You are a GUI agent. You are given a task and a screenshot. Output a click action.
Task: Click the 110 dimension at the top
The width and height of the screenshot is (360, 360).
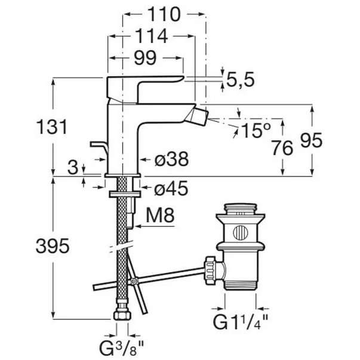pos(164,14)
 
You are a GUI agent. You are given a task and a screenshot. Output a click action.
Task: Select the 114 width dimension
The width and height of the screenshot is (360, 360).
pos(151,36)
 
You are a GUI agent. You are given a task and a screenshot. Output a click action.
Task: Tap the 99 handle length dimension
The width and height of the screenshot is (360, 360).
pos(146,58)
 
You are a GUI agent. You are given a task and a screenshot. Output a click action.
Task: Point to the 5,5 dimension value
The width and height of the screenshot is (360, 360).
pos(241,80)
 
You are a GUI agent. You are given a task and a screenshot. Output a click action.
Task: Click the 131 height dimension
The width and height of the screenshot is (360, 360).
pos(52,127)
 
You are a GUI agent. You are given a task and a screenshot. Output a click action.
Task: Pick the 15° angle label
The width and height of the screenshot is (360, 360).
pos(256,130)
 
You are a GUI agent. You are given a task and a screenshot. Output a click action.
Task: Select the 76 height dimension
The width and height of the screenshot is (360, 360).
pos(282,147)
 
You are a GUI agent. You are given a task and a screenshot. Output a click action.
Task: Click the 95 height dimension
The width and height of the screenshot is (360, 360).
pos(311,140)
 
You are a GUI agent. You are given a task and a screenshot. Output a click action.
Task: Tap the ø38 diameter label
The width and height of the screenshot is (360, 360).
pos(171,159)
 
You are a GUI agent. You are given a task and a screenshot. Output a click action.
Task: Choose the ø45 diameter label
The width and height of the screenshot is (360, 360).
pos(171,189)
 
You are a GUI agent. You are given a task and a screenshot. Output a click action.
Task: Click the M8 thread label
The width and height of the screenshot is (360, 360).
pos(160,215)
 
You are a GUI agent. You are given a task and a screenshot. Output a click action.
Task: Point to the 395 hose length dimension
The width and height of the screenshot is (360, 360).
pos(53,245)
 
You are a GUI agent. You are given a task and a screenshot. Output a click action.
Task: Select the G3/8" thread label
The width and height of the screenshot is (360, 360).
pos(121,348)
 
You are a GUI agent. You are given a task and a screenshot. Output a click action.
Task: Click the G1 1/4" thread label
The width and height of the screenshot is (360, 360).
pos(241,322)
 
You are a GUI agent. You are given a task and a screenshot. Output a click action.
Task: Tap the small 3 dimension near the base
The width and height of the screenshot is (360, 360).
pos(73,167)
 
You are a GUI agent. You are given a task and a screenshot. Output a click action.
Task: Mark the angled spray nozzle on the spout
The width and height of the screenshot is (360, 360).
pos(198,117)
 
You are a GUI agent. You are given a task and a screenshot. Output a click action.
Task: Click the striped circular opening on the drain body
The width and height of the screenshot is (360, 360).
pos(241,233)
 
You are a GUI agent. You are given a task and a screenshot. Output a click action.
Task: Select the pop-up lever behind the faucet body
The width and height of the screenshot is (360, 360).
pos(99,149)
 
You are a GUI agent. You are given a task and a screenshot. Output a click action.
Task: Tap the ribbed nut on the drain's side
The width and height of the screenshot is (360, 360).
pos(211,270)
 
